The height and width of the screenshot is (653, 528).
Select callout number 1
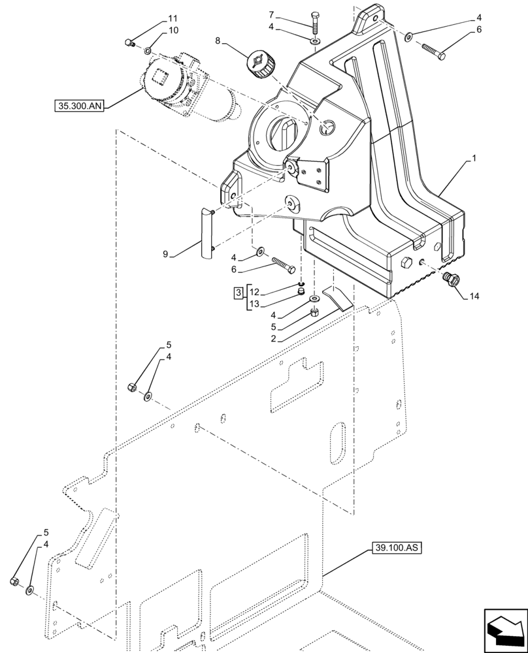coord(474,159)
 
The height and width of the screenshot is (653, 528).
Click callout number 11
coord(154,18)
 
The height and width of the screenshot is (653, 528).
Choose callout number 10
coord(154,30)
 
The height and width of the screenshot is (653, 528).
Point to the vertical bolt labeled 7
coord(316,22)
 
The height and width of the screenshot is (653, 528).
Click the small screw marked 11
coord(130,43)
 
